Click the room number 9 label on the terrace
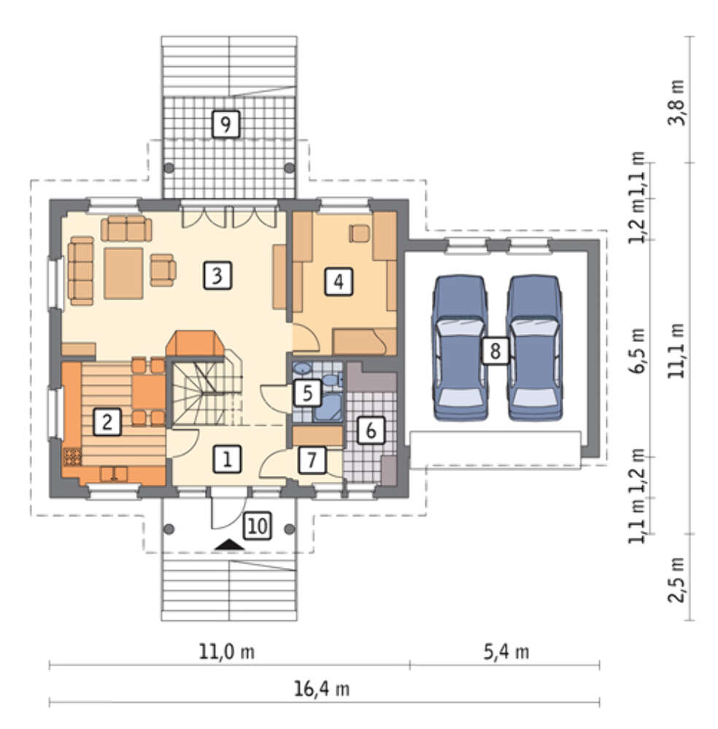point(225,124)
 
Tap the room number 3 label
point(217,276)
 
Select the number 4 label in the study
point(339,281)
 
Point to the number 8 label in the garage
point(495,351)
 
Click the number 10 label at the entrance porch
point(258,526)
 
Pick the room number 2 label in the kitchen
point(107,421)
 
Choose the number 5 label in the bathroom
point(308,393)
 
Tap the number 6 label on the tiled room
point(371,430)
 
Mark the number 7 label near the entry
point(312,460)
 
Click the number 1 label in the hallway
point(227,459)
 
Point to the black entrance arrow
point(229,545)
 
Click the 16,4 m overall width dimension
point(322,689)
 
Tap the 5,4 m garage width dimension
point(506,652)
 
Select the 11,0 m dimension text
point(227,651)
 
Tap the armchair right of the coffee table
point(163,270)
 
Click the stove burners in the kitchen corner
point(72,456)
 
